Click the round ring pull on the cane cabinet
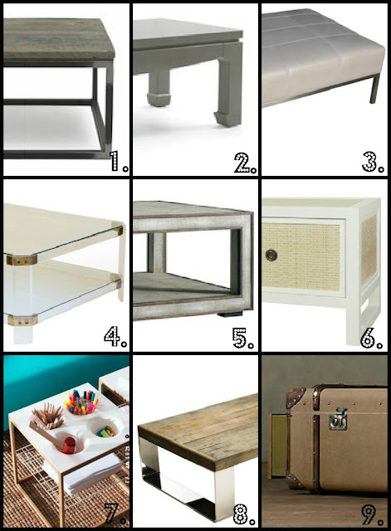coord(271,256)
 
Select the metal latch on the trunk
coord(338,419)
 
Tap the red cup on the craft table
coord(69,445)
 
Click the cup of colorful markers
coord(81,402)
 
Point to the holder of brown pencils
coord(47,416)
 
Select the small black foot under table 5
coord(231,314)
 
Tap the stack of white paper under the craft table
coord(90,474)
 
